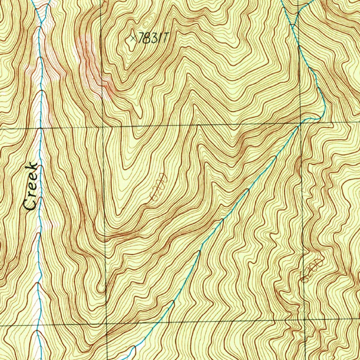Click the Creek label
(31, 186)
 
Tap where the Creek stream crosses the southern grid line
(38, 325)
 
